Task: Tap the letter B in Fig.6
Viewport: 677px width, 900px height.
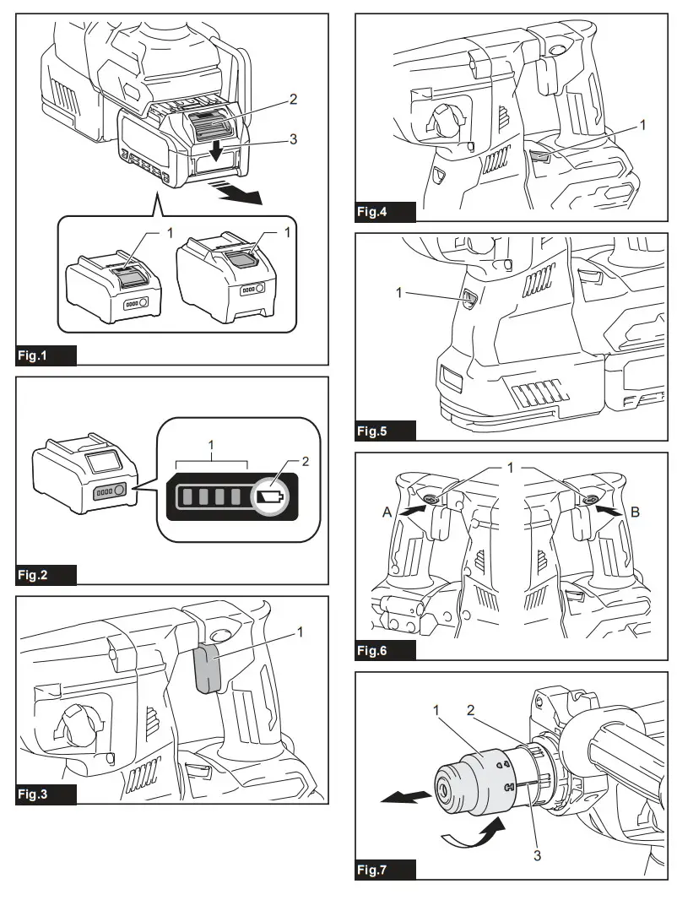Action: click(x=634, y=511)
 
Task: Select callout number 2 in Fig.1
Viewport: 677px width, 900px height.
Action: click(x=293, y=100)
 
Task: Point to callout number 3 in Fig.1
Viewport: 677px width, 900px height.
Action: click(x=293, y=139)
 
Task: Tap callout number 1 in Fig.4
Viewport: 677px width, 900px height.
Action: click(x=642, y=125)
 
